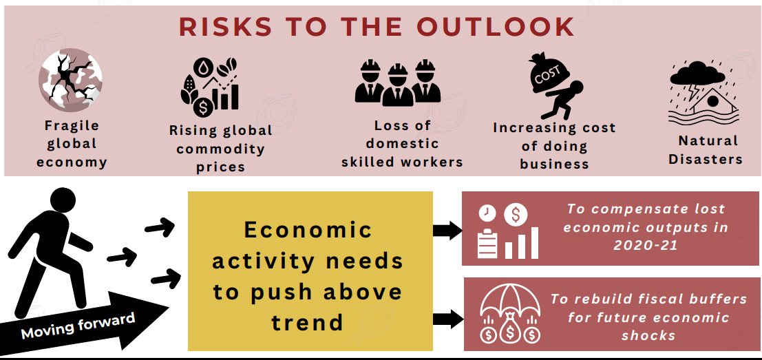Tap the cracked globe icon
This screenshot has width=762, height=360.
[70, 80]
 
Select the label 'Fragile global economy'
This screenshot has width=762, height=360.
[72, 144]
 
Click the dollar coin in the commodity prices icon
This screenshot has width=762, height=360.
[202, 107]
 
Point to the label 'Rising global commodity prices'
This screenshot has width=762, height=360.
[221, 149]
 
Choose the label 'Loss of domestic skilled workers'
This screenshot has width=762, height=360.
[402, 144]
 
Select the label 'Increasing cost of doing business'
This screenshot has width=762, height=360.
[554, 146]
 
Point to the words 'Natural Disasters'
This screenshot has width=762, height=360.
[706, 149]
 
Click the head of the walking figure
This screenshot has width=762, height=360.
[63, 200]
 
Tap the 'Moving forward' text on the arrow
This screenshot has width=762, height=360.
[78, 326]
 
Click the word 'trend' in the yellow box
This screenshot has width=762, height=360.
[307, 322]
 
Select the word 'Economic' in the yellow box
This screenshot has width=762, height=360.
[308, 230]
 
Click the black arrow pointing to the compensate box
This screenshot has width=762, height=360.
[447, 230]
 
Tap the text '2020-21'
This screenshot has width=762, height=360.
[646, 245]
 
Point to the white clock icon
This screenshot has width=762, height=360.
[487, 213]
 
